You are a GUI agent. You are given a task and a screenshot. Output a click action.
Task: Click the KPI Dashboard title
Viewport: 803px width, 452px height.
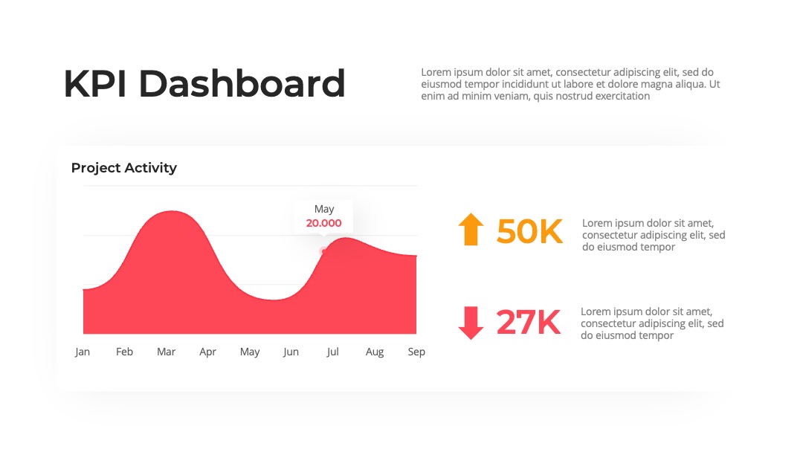pyautogui.click(x=204, y=83)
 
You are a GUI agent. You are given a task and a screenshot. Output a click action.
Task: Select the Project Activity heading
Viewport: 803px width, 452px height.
pyautogui.click(x=124, y=168)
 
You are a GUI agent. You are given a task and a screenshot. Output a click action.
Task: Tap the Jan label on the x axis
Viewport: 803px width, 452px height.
pyautogui.click(x=83, y=352)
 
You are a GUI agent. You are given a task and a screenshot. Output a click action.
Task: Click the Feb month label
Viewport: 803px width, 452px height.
pyautogui.click(x=124, y=352)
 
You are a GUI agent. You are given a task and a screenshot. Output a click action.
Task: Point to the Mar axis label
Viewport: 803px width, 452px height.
pyautogui.click(x=166, y=352)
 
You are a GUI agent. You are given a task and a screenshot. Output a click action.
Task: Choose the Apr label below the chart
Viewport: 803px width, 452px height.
pyautogui.click(x=208, y=352)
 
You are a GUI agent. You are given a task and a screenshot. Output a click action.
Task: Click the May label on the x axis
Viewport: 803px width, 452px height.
pyautogui.click(x=250, y=352)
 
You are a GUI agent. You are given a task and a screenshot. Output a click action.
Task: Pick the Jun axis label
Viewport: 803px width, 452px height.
pyautogui.click(x=291, y=352)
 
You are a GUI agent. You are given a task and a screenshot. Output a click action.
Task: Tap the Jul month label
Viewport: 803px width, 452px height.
pyautogui.click(x=333, y=352)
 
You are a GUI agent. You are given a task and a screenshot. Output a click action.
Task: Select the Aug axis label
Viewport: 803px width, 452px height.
pyautogui.click(x=374, y=352)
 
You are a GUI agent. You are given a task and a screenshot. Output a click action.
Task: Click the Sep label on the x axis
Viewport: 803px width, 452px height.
pyautogui.click(x=416, y=352)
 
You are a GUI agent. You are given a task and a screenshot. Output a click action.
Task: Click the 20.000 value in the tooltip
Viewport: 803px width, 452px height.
pyautogui.click(x=323, y=223)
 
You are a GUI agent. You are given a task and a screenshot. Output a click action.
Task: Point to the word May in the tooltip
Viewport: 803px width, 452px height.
pyautogui.click(x=324, y=210)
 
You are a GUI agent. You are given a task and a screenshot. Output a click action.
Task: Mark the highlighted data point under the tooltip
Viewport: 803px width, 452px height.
pyautogui.click(x=323, y=251)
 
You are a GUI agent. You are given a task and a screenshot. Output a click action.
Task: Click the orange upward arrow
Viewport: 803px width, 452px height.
pyautogui.click(x=471, y=229)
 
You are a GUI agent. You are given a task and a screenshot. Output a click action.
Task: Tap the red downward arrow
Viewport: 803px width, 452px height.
pyautogui.click(x=471, y=323)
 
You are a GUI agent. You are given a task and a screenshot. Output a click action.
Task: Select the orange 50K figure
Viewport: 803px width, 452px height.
pyautogui.click(x=529, y=231)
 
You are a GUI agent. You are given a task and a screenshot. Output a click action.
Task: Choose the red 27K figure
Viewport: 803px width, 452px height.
pyautogui.click(x=529, y=323)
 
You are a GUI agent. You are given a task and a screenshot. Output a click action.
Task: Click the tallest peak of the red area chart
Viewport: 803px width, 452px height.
pyautogui.click(x=172, y=211)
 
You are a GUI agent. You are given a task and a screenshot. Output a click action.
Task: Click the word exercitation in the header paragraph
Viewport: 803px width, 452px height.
pyautogui.click(x=622, y=96)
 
